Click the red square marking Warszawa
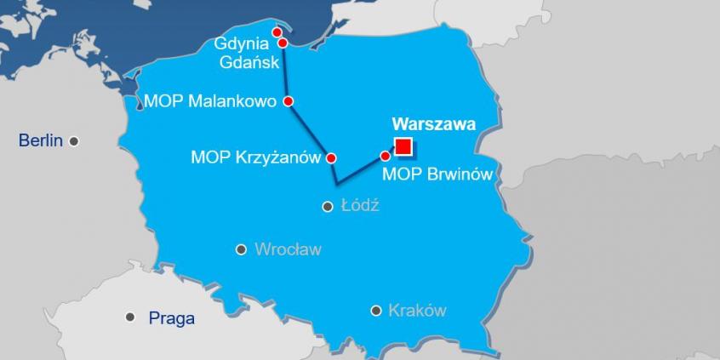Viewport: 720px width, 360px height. pos(403,147)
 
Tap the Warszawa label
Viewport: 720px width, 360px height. pos(433,124)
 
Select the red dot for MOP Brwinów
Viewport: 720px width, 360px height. pos(385,156)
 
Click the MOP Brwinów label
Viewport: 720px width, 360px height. pos(437,174)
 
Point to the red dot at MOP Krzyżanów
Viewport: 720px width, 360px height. pos(331,157)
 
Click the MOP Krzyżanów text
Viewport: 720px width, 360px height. pos(254,157)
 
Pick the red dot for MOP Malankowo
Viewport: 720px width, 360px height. pos(288,101)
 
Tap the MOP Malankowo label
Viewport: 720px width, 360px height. pos(210,101)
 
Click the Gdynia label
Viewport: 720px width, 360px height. pos(240,43)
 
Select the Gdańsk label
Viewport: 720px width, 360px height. pos(240,62)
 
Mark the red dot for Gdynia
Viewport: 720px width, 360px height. pos(277,32)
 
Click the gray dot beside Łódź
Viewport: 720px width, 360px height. pos(327,206)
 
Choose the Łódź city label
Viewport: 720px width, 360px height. pos(359,206)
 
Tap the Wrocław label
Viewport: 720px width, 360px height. pos(288,249)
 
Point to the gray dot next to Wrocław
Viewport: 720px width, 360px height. pos(241,249)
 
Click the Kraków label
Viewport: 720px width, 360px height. pos(417,311)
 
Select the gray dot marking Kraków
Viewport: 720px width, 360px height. pos(375,311)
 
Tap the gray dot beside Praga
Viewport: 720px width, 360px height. pos(129,317)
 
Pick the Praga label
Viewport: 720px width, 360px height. pos(172,319)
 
